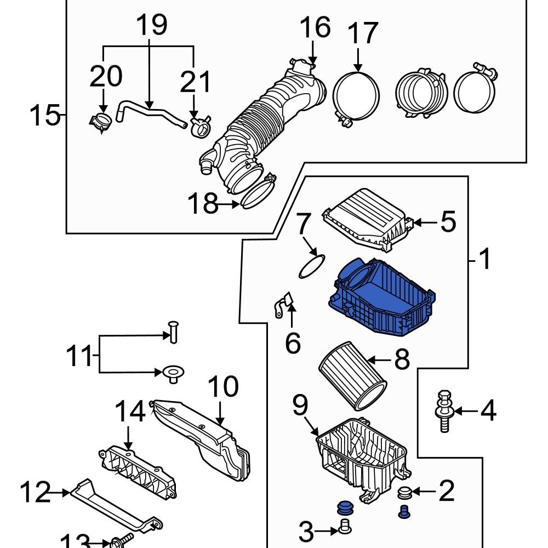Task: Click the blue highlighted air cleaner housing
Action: click(x=384, y=299)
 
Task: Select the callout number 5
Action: click(x=448, y=222)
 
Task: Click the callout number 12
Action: click(x=36, y=492)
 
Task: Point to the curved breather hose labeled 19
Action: click(x=148, y=112)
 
